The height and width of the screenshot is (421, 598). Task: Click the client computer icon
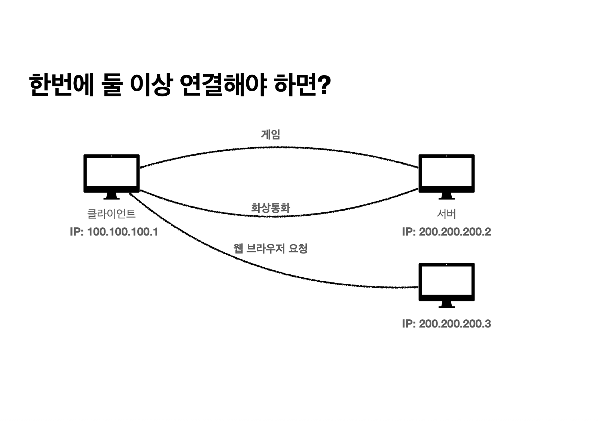pos(111,174)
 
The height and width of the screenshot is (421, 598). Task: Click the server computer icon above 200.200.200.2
pos(446,174)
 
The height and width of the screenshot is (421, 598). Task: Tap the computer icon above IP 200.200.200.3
pos(446,282)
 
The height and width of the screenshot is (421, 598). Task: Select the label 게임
pos(270,134)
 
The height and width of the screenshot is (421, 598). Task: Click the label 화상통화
pos(270,208)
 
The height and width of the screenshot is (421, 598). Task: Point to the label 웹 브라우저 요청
pos(270,248)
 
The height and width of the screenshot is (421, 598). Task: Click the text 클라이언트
pos(111,214)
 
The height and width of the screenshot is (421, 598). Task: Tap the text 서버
pos(446,214)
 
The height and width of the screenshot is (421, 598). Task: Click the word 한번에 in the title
pos(61,85)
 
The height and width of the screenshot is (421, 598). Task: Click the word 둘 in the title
pos(111,85)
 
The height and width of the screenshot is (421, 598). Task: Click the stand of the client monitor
pos(111,196)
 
